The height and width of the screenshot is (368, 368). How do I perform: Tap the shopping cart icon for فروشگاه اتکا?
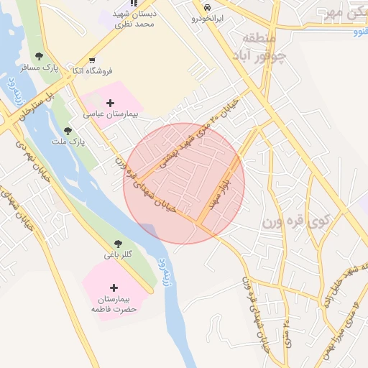91,60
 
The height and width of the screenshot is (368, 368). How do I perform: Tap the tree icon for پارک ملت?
68,131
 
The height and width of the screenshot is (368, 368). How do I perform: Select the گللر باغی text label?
119,255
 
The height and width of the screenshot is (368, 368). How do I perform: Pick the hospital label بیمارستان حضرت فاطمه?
114,303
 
